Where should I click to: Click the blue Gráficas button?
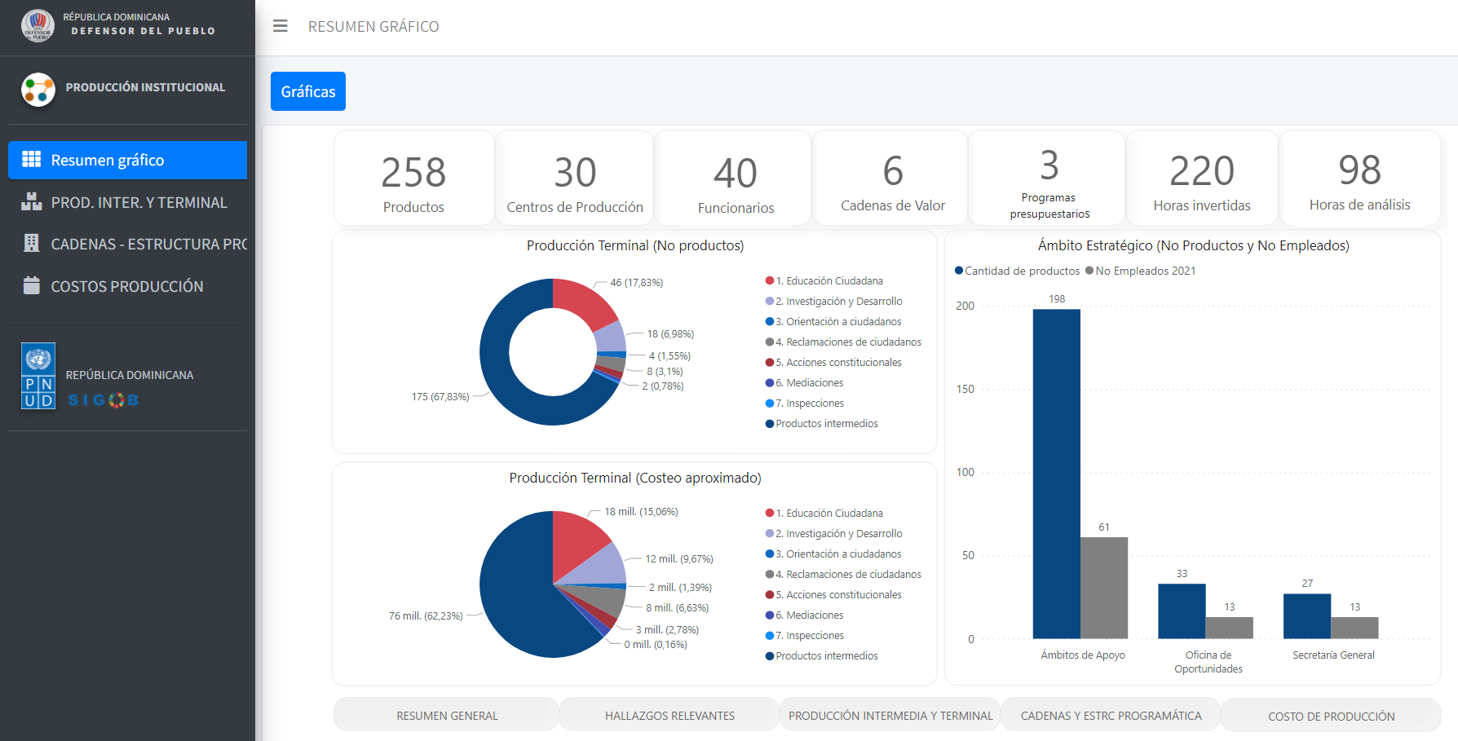308,91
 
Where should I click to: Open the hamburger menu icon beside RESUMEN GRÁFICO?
281,26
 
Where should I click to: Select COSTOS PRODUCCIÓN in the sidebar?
127,286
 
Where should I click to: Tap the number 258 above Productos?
413,173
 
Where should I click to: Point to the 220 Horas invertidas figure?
1202,171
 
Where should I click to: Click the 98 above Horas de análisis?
1359,170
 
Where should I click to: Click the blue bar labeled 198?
1057,474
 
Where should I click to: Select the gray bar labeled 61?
1104,588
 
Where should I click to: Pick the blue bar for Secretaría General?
1307,616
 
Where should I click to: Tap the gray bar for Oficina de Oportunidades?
1230,628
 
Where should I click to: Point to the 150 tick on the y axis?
965,389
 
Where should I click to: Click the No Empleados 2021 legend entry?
1141,271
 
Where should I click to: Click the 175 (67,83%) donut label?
440,397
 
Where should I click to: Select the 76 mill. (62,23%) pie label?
426,616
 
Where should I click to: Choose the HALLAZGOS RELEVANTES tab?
669,716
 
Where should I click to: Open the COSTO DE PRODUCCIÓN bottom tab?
1331,716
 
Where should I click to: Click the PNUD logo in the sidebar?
38,376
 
